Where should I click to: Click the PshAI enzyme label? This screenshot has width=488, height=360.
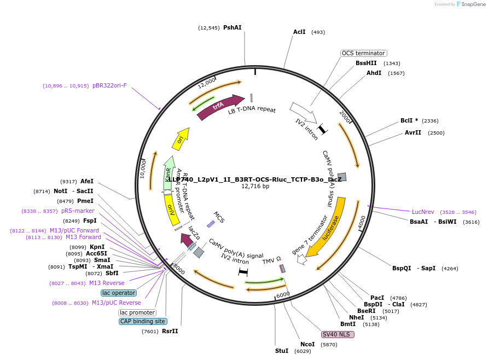click(232, 27)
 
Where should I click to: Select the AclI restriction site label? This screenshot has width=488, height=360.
click(299, 32)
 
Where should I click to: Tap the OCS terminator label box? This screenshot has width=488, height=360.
click(363, 53)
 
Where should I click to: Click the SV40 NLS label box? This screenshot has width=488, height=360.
click(338, 334)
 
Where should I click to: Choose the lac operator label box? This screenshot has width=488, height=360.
click(118, 293)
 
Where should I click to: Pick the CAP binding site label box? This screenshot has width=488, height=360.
click(143, 321)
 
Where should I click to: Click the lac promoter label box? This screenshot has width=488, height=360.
click(137, 312)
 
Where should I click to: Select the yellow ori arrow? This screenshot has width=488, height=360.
click(181, 139)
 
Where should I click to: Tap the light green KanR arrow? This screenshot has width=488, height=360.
click(169, 172)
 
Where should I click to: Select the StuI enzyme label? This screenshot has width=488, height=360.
click(281, 351)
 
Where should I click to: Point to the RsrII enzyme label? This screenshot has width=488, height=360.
click(170, 331)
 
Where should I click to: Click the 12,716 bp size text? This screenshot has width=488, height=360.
click(255, 186)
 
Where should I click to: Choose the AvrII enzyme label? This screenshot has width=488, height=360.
click(413, 132)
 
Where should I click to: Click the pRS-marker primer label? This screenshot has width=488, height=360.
click(78, 211)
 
